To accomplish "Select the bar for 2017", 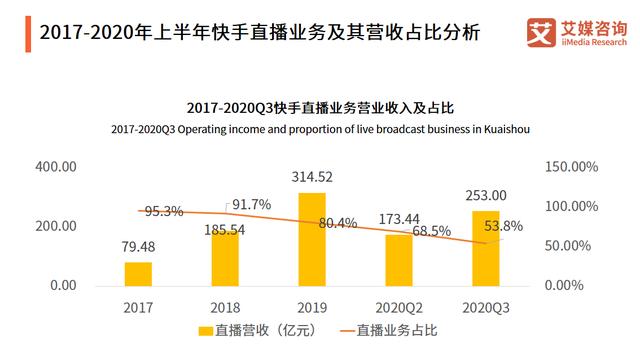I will [x=139, y=274].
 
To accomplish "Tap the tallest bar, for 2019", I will [x=312, y=239].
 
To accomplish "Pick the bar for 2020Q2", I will [x=398, y=260].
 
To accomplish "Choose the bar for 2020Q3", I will [x=485, y=248].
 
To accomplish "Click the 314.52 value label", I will [x=312, y=177].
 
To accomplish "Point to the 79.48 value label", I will [x=139, y=247].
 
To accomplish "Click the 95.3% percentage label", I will [x=163, y=211].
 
